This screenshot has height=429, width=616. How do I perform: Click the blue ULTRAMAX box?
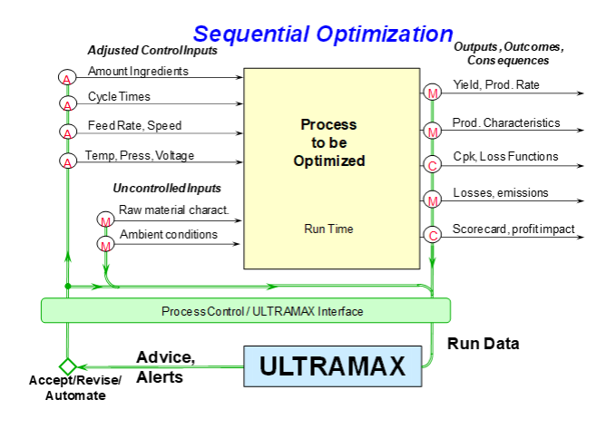point(332,366)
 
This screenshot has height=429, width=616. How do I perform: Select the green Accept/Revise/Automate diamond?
point(67,366)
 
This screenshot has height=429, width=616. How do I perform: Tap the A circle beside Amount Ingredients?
point(67,77)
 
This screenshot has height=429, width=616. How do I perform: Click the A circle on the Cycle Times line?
point(68,103)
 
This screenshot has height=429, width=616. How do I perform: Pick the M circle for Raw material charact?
point(105,219)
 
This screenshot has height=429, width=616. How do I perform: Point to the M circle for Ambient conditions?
point(105,244)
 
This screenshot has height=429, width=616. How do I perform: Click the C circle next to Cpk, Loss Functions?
point(432,164)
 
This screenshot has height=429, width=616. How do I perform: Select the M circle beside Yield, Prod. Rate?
point(432,93)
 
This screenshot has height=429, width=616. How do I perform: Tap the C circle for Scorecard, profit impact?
point(432,235)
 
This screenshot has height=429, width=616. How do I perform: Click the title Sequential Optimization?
point(323,34)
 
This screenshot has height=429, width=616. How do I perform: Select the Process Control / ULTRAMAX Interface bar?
point(246,310)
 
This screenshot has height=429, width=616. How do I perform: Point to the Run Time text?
point(328,229)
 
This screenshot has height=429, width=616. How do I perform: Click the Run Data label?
point(484,344)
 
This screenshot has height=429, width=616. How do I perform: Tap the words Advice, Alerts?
point(166,367)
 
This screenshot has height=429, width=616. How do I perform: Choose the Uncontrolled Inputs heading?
point(167,188)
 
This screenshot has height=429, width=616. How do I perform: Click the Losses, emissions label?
point(501,192)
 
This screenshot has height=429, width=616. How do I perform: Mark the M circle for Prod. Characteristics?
point(432,131)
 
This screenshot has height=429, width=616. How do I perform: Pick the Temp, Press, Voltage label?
point(140,156)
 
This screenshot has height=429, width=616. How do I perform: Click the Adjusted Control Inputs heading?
point(152,50)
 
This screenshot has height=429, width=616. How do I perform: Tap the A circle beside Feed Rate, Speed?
point(67,132)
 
